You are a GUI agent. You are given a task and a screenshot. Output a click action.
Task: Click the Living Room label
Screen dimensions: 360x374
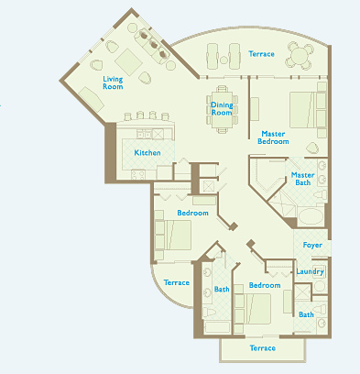tap(113, 82)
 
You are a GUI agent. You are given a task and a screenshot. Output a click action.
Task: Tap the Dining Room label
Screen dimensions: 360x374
tap(222, 108)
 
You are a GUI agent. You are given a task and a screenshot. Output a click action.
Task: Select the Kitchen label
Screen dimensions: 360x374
tap(147, 152)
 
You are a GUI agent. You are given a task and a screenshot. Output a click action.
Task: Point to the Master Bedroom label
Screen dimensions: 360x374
tap(273, 137)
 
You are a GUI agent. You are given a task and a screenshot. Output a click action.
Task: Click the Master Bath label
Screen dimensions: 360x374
tap(302, 179)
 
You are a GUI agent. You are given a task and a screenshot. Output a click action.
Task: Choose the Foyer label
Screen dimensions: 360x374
tap(312, 245)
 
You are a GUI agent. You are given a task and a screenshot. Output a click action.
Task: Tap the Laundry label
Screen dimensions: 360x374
tap(310, 271)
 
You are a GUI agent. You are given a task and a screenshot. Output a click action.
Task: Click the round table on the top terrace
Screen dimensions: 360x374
tap(300, 56)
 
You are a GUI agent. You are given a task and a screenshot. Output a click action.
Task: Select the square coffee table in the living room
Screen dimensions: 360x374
tap(128, 62)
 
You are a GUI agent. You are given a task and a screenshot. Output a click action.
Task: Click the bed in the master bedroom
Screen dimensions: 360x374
tap(302, 110)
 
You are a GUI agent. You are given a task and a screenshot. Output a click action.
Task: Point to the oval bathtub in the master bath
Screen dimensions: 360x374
tap(311, 216)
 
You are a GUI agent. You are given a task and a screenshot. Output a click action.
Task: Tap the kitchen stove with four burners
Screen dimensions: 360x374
tap(138, 175)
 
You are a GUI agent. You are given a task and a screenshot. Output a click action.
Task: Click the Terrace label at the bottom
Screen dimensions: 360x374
tap(263, 348)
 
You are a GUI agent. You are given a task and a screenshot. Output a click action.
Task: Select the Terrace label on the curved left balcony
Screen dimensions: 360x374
tap(177, 282)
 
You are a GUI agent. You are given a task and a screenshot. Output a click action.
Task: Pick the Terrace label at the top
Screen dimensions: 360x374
tap(261, 54)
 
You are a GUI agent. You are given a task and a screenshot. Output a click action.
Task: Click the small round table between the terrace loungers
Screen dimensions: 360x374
tap(224, 60)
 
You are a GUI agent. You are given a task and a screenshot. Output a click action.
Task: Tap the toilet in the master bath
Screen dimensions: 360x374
tap(320, 194)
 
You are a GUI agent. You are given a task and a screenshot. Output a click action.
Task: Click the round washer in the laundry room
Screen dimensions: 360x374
tap(320, 286)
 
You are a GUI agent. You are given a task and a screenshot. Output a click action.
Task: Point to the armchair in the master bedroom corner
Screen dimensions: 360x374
tap(312, 148)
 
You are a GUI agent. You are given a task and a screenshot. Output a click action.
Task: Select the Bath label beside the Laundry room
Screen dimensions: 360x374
tap(306, 314)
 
